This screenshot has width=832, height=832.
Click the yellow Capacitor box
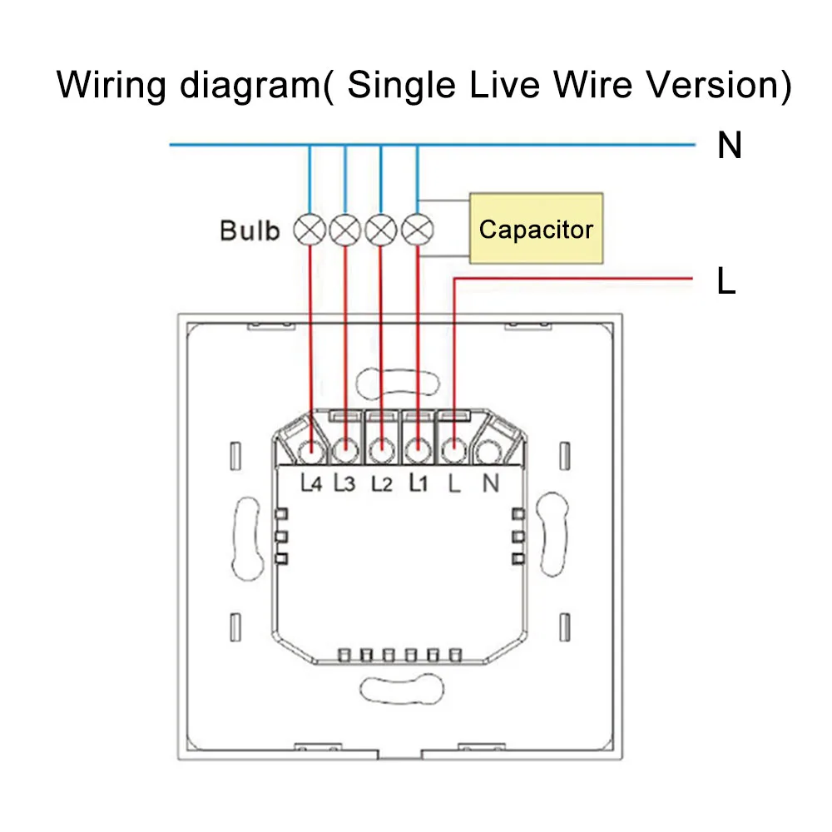tap(536, 228)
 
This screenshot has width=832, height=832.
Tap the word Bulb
tap(250, 230)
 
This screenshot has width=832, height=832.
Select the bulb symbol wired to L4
tap(310, 230)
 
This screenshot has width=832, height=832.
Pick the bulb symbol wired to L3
tap(345, 230)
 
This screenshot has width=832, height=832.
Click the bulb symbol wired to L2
tap(381, 230)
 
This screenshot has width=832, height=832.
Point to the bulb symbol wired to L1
tap(418, 230)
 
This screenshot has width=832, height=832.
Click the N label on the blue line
tap(729, 145)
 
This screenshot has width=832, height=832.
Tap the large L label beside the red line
tap(726, 280)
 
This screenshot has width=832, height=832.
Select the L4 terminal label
tap(311, 483)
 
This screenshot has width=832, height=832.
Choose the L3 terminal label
tap(344, 483)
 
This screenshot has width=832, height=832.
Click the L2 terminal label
tap(382, 483)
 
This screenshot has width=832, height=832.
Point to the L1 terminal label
tap(418, 483)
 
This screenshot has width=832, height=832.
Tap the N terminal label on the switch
tap(491, 483)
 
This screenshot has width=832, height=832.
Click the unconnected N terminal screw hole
tap(488, 453)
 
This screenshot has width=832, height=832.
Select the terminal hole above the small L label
tap(453, 453)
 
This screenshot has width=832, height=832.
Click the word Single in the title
tap(402, 85)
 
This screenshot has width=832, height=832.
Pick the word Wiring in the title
tap(111, 85)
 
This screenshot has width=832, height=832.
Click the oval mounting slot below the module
tap(402, 689)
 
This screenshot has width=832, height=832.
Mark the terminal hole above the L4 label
tap(311, 453)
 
